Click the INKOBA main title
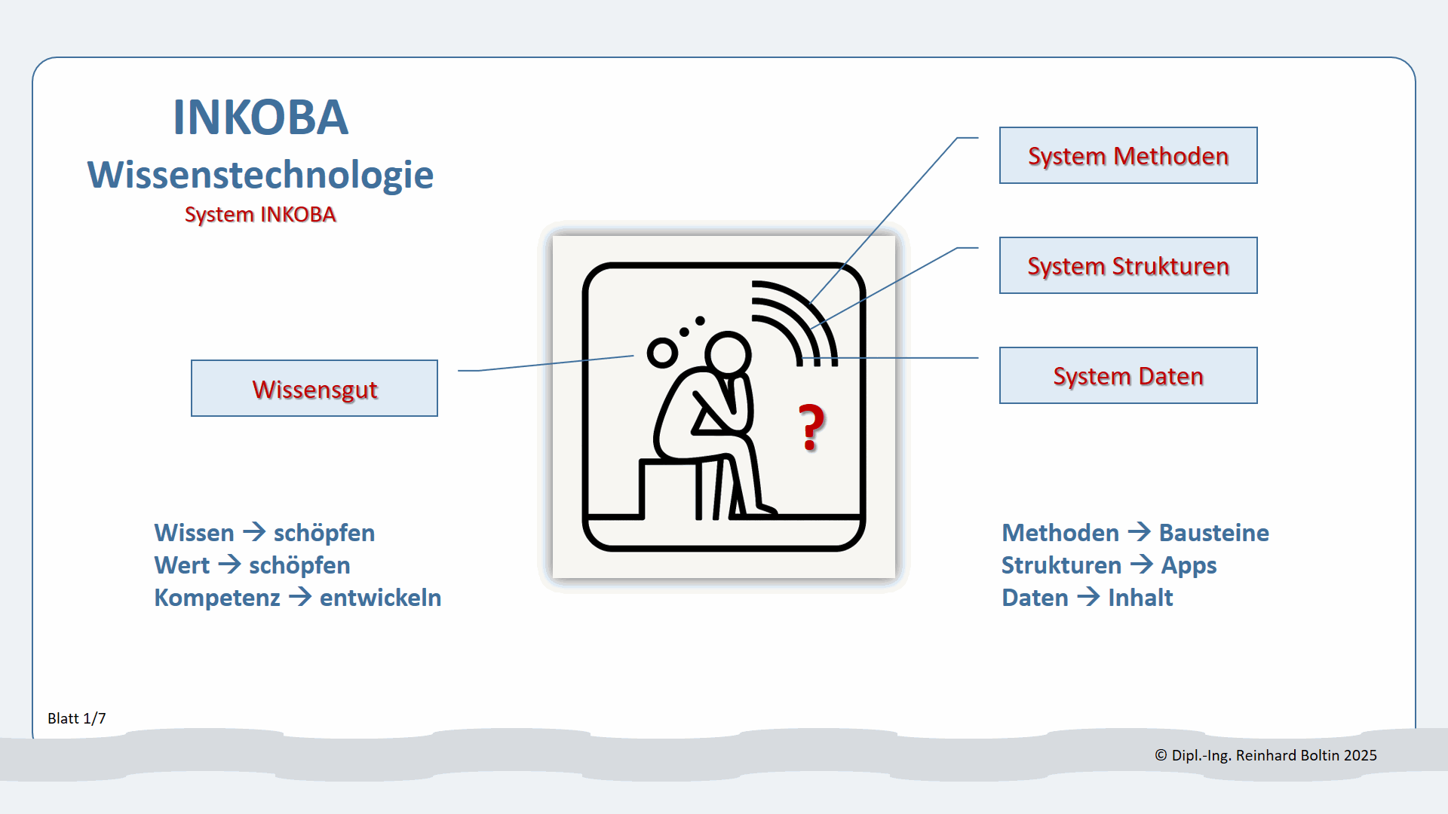click(x=260, y=118)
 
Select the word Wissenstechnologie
click(x=260, y=175)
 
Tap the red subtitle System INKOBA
click(x=260, y=215)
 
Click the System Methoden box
click(x=1127, y=155)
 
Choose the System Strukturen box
click(x=1127, y=265)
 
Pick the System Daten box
click(x=1127, y=375)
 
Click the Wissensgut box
click(x=314, y=389)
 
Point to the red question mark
click(x=811, y=427)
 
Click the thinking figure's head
click(x=728, y=353)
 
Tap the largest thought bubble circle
click(x=663, y=353)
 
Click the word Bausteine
click(x=1213, y=533)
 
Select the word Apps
click(x=1189, y=565)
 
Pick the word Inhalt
click(x=1140, y=598)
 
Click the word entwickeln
click(x=380, y=598)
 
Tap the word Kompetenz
click(x=217, y=598)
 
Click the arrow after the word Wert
click(x=229, y=565)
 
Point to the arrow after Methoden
click(x=1139, y=532)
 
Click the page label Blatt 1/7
click(x=77, y=718)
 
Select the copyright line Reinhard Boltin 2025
click(x=1265, y=755)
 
